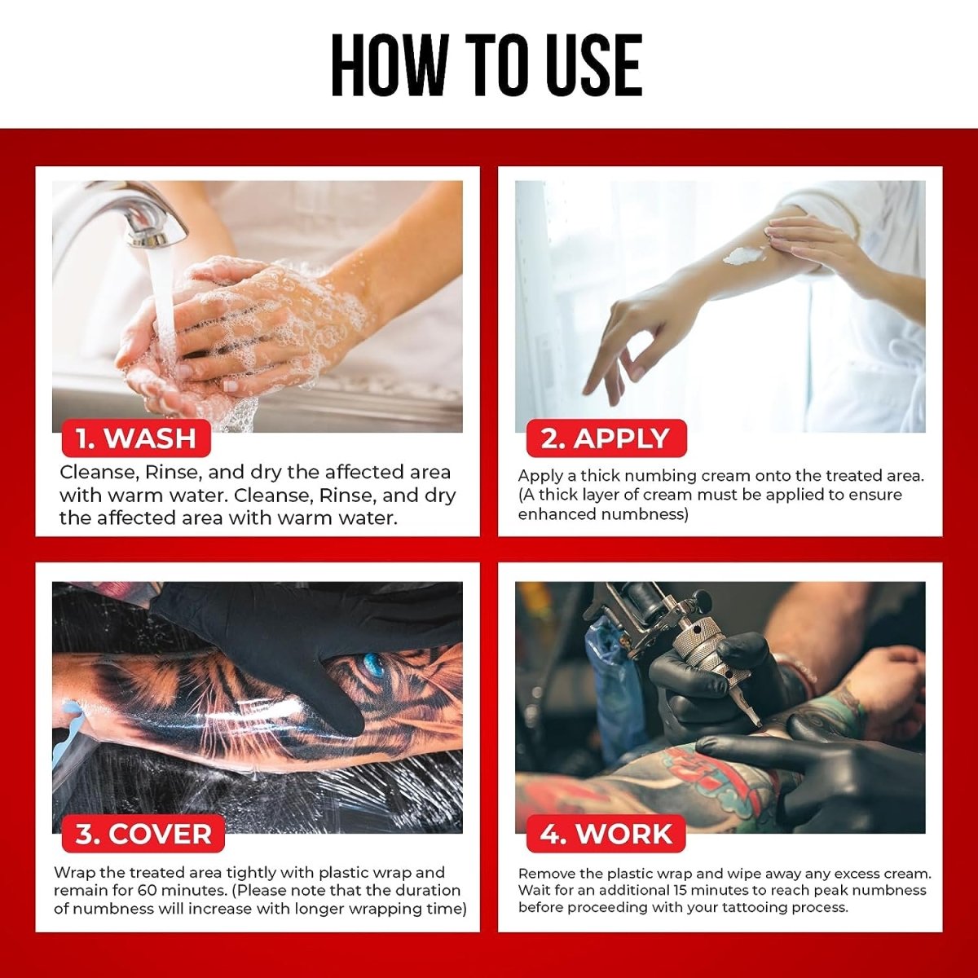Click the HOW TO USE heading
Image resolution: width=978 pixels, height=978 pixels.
[487, 64]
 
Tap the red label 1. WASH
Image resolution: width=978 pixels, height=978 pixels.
[136, 438]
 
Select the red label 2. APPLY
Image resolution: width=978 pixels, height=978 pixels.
[606, 438]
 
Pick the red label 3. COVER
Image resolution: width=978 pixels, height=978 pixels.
[143, 834]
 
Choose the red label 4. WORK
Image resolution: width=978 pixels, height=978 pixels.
[606, 834]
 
